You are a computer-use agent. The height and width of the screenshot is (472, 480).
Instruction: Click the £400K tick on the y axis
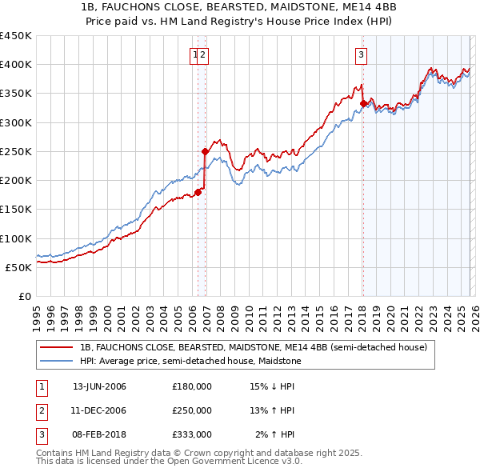tap(16, 65)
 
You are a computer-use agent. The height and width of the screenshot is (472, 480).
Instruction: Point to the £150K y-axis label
tap(16, 210)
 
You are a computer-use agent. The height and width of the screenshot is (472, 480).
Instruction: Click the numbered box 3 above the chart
tap(361, 55)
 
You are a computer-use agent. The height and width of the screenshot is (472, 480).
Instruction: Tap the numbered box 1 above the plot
tap(194, 55)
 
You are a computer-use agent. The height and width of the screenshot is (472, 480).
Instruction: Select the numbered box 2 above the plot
tap(203, 55)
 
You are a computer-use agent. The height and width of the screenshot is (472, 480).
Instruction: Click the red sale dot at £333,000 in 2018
tap(363, 103)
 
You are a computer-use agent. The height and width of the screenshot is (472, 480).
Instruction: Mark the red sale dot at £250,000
tap(205, 151)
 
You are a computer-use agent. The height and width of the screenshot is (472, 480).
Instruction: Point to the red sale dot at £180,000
tap(198, 192)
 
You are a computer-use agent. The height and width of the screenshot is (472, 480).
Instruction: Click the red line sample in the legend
tap(56, 348)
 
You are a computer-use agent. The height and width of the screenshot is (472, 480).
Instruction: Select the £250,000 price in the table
tap(192, 410)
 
